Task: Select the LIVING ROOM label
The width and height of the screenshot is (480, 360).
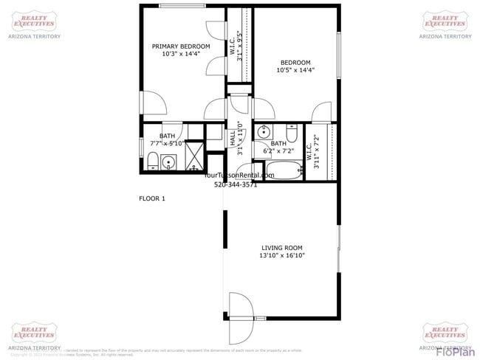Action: pyautogui.click(x=281, y=248)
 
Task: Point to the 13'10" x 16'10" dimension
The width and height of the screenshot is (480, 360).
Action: pyautogui.click(x=281, y=256)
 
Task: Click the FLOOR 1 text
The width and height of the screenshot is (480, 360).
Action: pyautogui.click(x=152, y=198)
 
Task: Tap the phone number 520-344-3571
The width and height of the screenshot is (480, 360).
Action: pyautogui.click(x=236, y=184)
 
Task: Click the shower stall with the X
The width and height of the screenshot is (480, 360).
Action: pyautogui.click(x=194, y=155)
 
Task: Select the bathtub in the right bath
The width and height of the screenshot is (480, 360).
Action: pyautogui.click(x=281, y=170)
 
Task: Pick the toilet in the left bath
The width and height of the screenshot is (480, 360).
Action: pyautogui.click(x=151, y=162)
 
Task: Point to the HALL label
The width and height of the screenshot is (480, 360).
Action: pyautogui.click(x=232, y=138)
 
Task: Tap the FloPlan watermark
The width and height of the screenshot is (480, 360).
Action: pyautogui.click(x=453, y=351)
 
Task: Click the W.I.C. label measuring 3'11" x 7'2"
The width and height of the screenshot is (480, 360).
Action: pyautogui.click(x=316, y=152)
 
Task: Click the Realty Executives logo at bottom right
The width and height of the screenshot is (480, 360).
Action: pyautogui.click(x=445, y=333)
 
